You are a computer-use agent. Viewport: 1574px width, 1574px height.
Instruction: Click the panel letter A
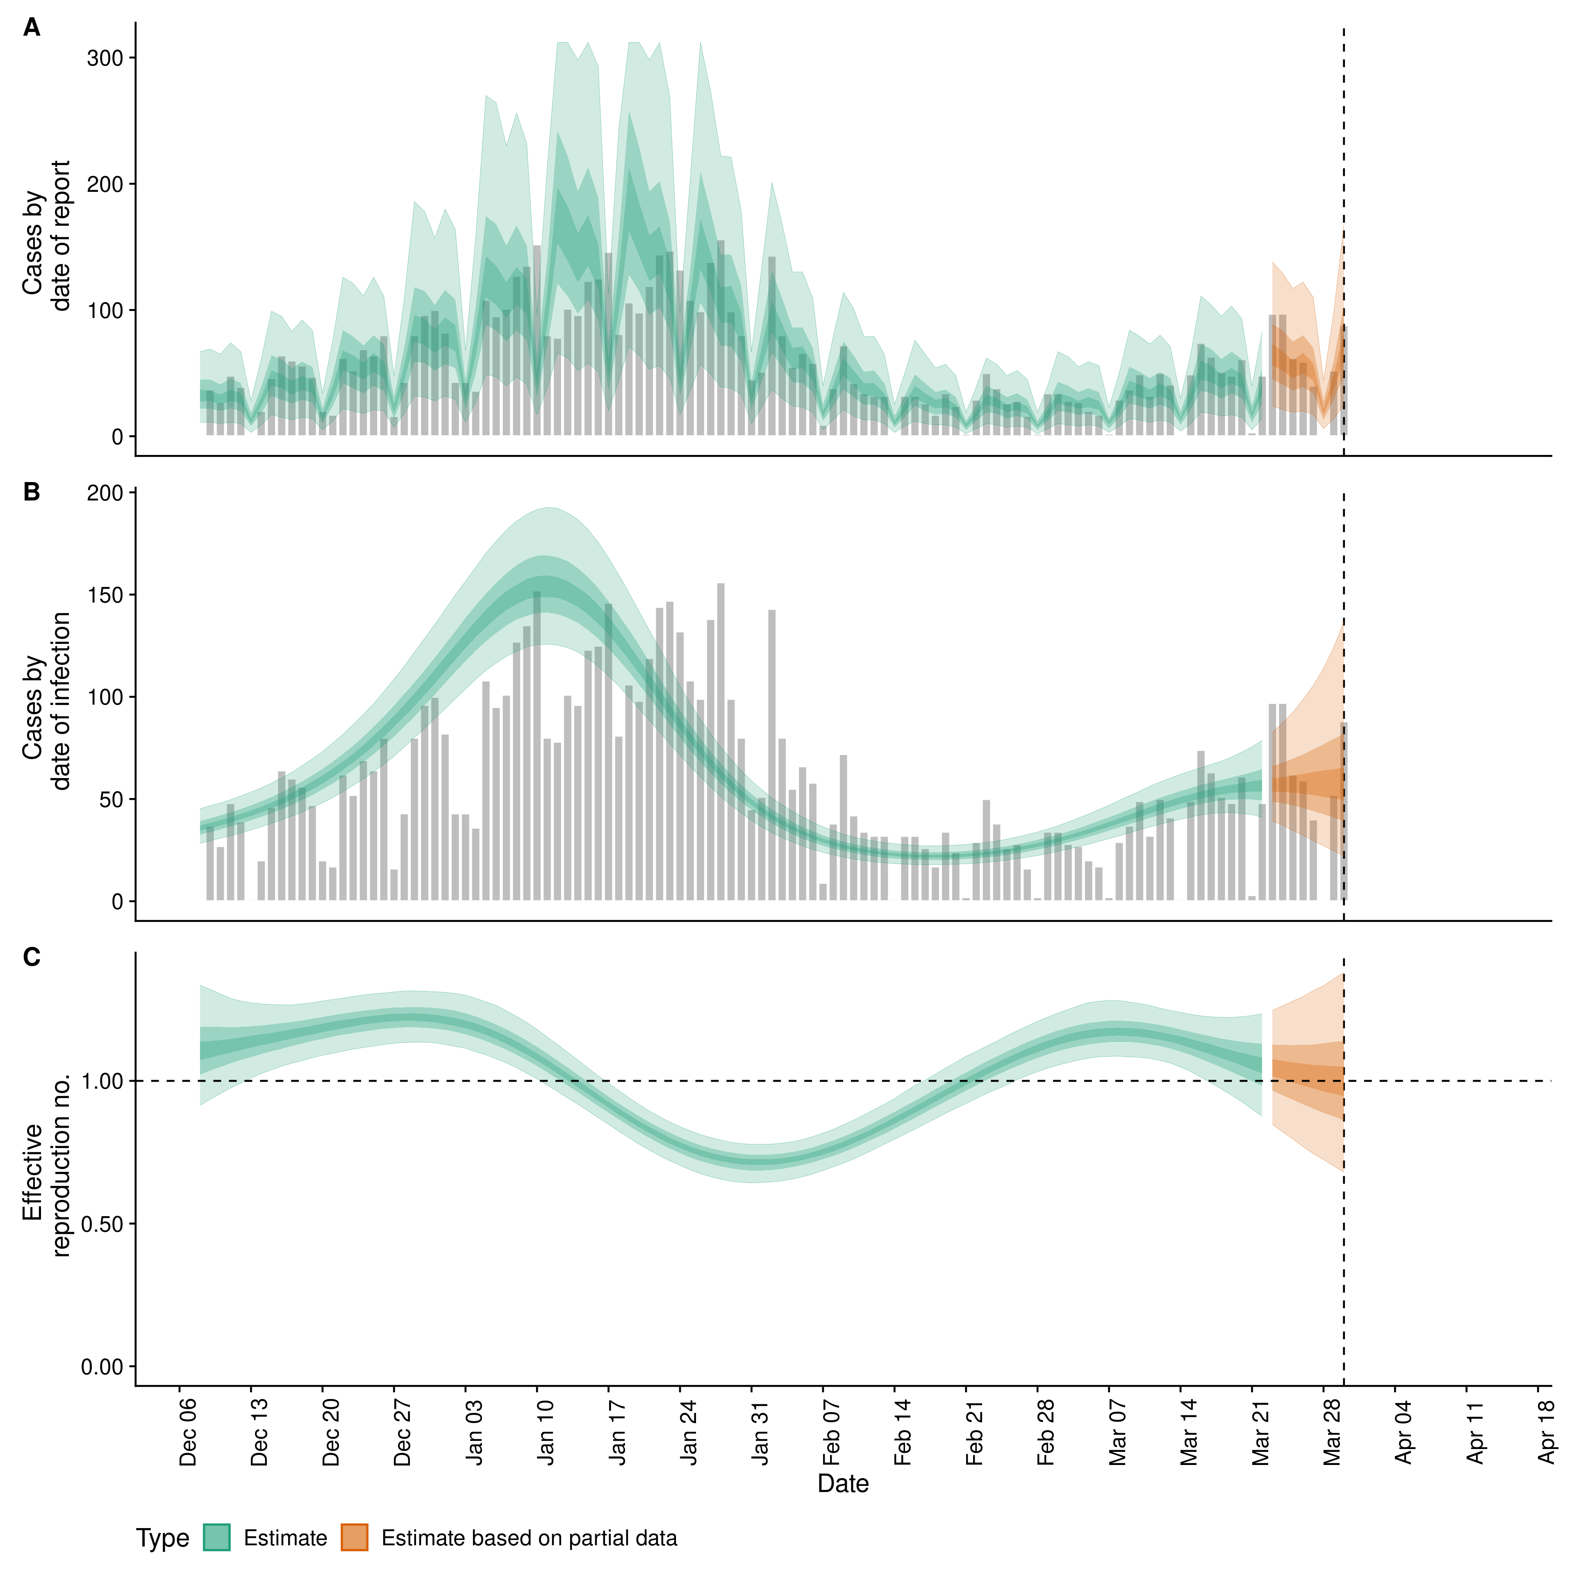[x=31, y=28]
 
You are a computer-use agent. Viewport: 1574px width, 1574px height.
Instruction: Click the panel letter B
[x=31, y=492]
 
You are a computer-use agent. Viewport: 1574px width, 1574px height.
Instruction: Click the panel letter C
[x=31, y=956]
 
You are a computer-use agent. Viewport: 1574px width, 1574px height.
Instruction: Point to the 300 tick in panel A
[x=106, y=58]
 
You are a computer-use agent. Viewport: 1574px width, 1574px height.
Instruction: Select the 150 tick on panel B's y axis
[x=106, y=596]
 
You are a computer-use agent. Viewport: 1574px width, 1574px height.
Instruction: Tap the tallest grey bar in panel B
[x=720, y=742]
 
